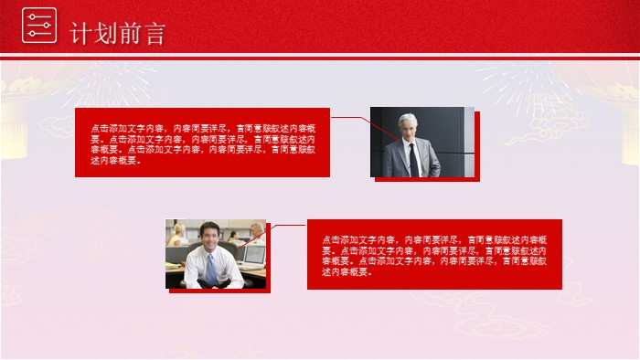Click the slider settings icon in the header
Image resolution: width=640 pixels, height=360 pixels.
[38, 26]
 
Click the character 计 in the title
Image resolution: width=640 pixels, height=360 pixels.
[81, 34]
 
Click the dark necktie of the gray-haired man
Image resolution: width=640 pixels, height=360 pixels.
[412, 161]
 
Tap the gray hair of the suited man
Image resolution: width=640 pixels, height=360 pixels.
[408, 120]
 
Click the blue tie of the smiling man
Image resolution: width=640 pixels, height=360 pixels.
[211, 270]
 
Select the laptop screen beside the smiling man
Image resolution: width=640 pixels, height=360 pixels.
[254, 255]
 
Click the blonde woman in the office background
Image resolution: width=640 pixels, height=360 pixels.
[178, 233]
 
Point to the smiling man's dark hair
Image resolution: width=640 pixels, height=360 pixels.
[208, 228]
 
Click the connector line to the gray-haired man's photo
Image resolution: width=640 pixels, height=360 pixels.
[350, 118]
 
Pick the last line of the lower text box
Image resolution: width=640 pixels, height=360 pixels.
[347, 272]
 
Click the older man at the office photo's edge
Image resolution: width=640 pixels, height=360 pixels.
[259, 230]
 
